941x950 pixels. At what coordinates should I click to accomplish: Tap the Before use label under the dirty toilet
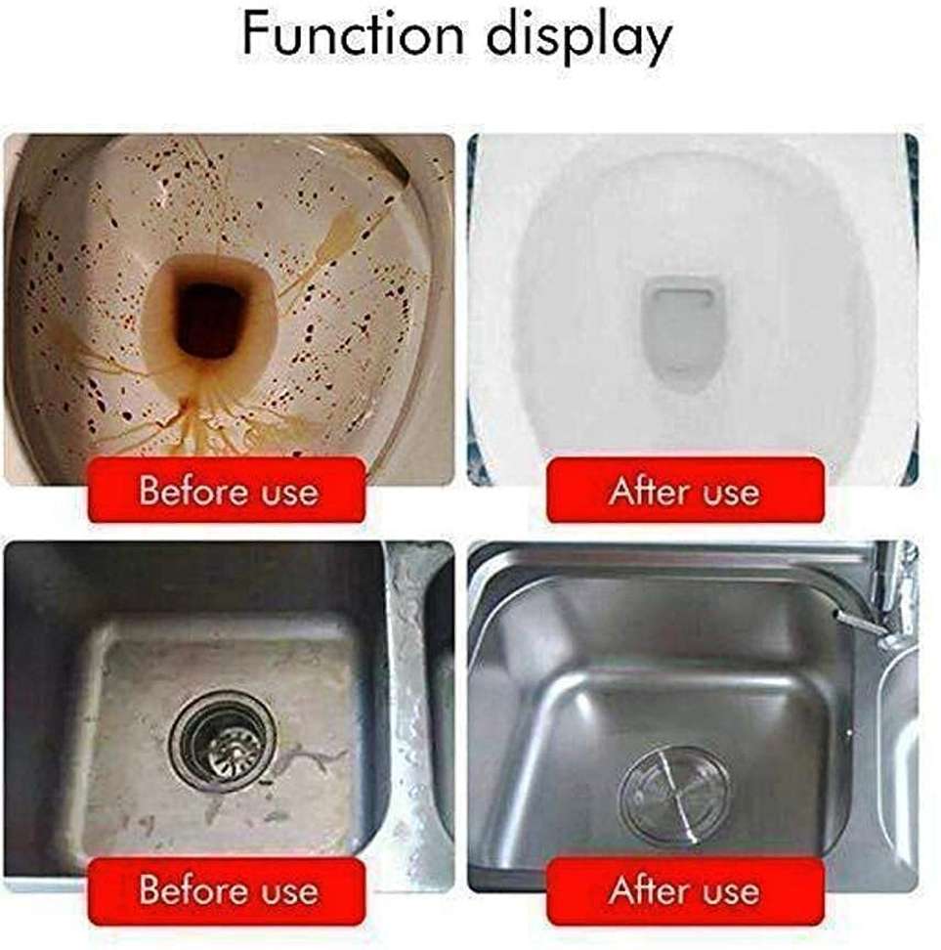[228, 490]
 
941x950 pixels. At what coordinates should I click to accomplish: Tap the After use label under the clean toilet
[684, 490]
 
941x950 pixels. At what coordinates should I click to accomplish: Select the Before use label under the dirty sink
[228, 890]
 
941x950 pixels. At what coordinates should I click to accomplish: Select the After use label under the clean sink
[684, 890]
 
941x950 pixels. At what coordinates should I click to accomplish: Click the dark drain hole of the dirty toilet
[210, 319]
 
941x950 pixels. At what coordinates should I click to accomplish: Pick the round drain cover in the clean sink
[673, 793]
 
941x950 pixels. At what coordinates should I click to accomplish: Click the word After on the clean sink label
[645, 890]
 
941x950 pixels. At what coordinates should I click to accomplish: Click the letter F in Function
[256, 36]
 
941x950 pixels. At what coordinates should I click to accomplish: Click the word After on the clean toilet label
[645, 490]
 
